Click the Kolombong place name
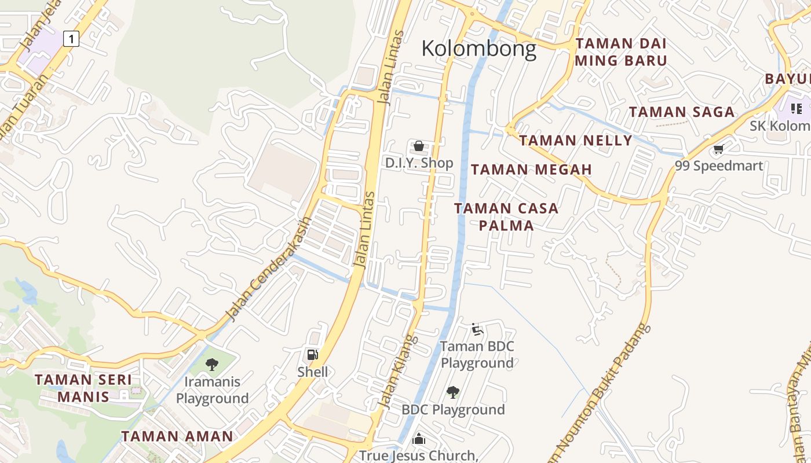pyautogui.click(x=479, y=49)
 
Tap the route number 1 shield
pyautogui.click(x=71, y=39)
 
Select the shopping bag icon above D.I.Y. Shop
pyautogui.click(x=419, y=146)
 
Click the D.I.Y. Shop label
pyautogui.click(x=419, y=163)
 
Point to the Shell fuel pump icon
pyautogui.click(x=312, y=355)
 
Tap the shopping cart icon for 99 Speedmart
pyautogui.click(x=719, y=149)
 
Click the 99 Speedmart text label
pyautogui.click(x=719, y=166)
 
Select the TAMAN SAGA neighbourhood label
pyautogui.click(x=682, y=112)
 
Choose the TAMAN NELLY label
pyautogui.click(x=575, y=141)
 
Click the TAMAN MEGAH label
pyautogui.click(x=531, y=170)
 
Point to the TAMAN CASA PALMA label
pyautogui.click(x=506, y=216)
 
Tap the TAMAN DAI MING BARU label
pyautogui.click(x=621, y=52)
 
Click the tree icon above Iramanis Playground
pyautogui.click(x=212, y=364)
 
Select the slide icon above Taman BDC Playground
pyautogui.click(x=477, y=329)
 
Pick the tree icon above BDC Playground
pyautogui.click(x=453, y=392)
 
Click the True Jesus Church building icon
pyautogui.click(x=419, y=439)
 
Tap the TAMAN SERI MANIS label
pyautogui.click(x=83, y=388)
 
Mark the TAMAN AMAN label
pyautogui.click(x=177, y=436)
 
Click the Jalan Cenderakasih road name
pyautogui.click(x=269, y=269)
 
